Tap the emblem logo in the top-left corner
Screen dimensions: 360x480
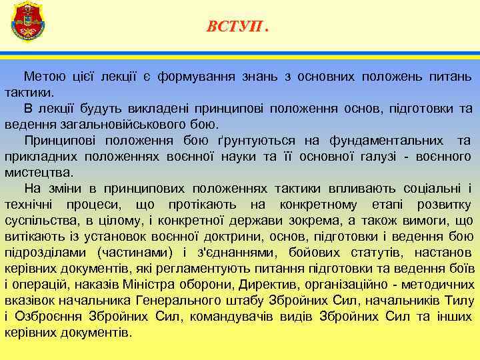click(27, 21)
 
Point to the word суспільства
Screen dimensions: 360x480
click(40, 220)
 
